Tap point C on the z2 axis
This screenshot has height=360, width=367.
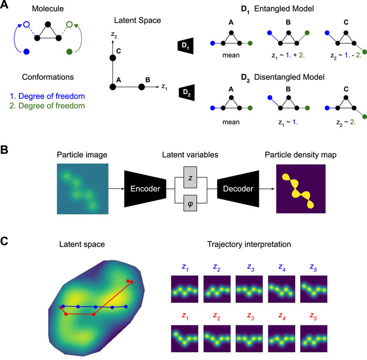111,59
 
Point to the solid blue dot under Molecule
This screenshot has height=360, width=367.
27,52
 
